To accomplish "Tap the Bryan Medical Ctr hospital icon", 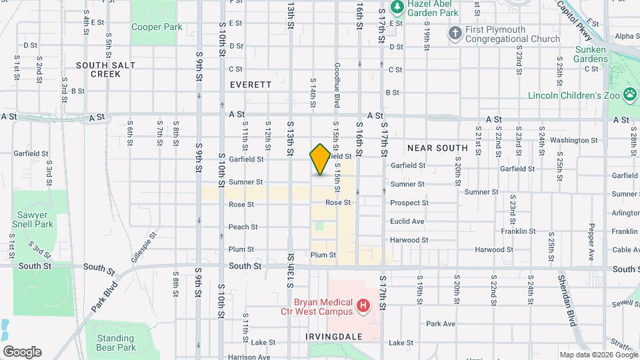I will pyautogui.click(x=363, y=306).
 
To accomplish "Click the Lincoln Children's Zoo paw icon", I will pyautogui.click(x=629, y=95).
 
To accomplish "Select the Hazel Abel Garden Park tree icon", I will pyautogui.click(x=397, y=8).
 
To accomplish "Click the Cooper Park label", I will pyautogui.click(x=157, y=27).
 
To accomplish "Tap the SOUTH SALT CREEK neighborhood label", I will pyautogui.click(x=105, y=69).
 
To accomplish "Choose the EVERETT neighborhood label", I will pyautogui.click(x=251, y=85).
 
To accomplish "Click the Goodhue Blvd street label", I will pyautogui.click(x=337, y=85).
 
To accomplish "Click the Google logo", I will pyautogui.click(x=22, y=352).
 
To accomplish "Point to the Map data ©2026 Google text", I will pyautogui.click(x=598, y=355).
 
